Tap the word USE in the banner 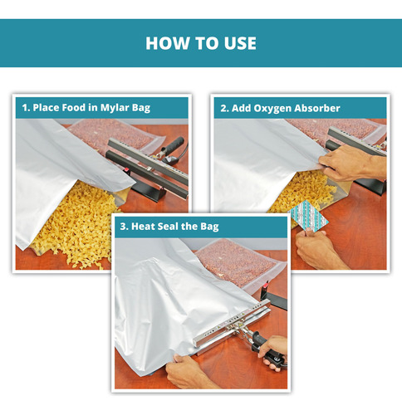tap(240, 43)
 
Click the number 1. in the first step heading tap(26, 108)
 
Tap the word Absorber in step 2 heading tap(317, 108)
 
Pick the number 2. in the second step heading tap(224, 108)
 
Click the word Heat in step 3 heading tap(143, 227)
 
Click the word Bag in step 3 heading tap(209, 227)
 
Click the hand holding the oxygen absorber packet tap(317, 247)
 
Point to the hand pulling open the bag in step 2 tap(351, 164)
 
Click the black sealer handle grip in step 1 tap(174, 144)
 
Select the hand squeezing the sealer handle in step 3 tap(273, 351)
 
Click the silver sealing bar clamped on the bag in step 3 tap(231, 324)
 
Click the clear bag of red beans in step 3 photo tap(238, 263)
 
